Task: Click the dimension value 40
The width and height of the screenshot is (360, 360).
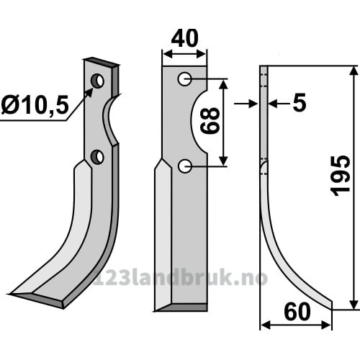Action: pyautogui.click(x=184, y=38)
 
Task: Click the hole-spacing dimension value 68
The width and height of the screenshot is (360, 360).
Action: pyautogui.click(x=210, y=120)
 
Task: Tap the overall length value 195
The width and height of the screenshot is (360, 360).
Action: pyautogui.click(x=340, y=176)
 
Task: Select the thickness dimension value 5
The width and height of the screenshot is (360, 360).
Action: pyautogui.click(x=300, y=103)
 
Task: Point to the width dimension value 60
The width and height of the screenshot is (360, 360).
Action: pyautogui.click(x=297, y=312)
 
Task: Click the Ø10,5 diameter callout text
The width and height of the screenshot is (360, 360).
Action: pyautogui.click(x=35, y=105)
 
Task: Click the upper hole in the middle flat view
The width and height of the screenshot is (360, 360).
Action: pyautogui.click(x=184, y=78)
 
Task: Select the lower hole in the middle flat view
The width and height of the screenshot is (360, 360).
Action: pyautogui.click(x=185, y=166)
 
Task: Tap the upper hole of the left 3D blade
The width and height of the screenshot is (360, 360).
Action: pyautogui.click(x=97, y=81)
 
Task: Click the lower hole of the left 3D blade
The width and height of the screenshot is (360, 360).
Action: pyautogui.click(x=97, y=157)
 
